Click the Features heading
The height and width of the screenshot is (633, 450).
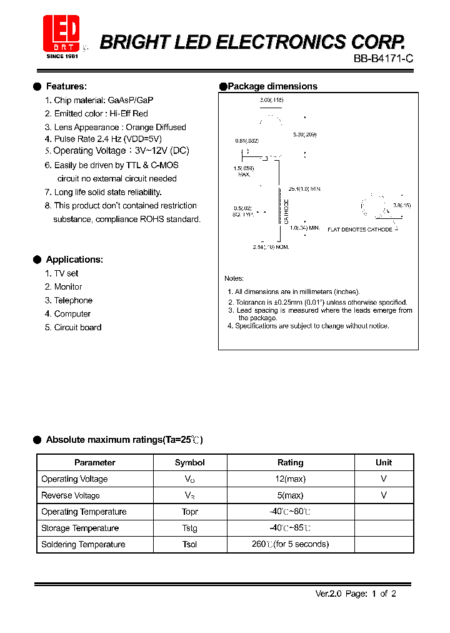tap(66, 86)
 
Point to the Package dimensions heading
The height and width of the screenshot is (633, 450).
tap(272, 86)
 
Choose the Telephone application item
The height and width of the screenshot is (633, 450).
tap(72, 300)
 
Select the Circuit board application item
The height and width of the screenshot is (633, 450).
tap(77, 327)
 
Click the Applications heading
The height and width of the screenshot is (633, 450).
tap(74, 260)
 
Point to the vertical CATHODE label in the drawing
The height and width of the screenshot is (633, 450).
tap(286, 211)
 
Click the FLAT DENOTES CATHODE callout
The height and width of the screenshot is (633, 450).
tap(360, 230)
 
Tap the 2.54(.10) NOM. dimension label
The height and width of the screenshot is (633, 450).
tap(271, 248)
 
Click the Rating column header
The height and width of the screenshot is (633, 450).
tap(290, 463)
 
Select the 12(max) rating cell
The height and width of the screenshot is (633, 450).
tap(290, 479)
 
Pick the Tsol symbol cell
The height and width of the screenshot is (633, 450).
tap(189, 544)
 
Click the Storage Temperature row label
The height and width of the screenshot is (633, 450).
tap(79, 528)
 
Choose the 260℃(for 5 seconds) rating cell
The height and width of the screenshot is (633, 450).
tap(290, 544)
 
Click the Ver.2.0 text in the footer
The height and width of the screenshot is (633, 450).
tap(327, 594)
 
